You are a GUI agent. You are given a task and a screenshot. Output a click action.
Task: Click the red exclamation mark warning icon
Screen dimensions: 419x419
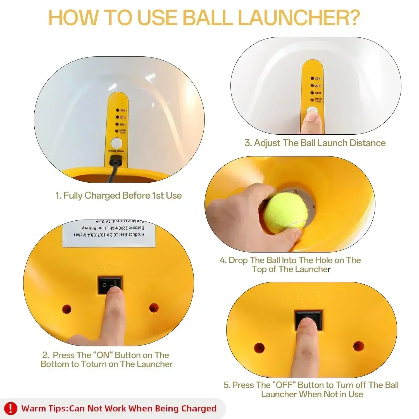[11, 408]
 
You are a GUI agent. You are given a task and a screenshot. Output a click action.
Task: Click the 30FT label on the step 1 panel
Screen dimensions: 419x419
[122, 110]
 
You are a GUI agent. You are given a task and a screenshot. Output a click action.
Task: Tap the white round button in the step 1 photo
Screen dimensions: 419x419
[116, 143]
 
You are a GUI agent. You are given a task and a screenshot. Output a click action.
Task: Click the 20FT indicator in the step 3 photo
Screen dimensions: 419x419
[317, 86]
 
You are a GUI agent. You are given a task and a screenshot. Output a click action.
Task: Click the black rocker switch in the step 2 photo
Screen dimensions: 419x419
[110, 285]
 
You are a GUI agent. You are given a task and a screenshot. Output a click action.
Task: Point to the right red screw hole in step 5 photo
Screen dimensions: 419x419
[358, 346]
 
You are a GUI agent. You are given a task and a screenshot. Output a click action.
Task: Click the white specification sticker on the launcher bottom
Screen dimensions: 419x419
[109, 234]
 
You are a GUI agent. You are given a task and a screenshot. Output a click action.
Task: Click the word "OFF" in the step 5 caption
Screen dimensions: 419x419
[284, 385]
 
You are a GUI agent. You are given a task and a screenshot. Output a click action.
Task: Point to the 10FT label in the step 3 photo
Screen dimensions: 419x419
[317, 93]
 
